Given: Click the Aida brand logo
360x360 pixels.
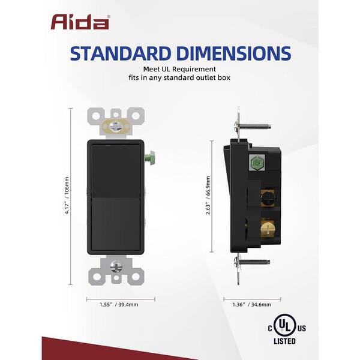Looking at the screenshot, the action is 80,22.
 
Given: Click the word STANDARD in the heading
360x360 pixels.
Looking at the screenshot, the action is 121,53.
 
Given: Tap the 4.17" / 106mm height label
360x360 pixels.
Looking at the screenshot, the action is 67,196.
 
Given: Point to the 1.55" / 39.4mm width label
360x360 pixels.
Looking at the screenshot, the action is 119,305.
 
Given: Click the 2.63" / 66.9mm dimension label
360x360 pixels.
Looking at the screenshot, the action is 208,196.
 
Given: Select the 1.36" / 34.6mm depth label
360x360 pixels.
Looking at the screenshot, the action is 251,305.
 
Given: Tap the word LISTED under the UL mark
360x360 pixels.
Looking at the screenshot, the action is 284,341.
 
